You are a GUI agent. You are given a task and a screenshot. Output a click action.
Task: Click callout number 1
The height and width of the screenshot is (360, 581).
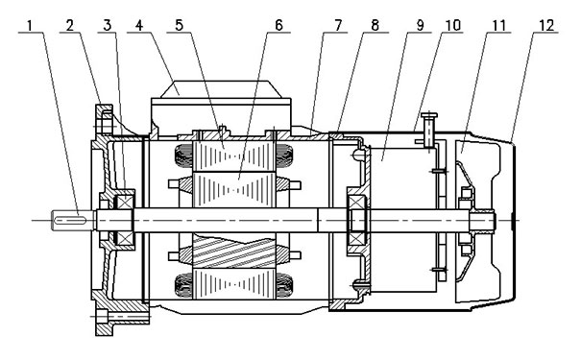click(x=30, y=25)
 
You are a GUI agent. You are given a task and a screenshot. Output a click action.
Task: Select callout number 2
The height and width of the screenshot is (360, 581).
click(x=70, y=25)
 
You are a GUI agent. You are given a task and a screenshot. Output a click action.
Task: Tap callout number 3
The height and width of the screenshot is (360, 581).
click(x=108, y=25)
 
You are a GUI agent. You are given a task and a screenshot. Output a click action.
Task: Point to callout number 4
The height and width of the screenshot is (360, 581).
click(x=139, y=25)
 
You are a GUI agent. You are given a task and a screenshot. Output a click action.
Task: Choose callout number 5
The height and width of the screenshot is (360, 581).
click(x=180, y=25)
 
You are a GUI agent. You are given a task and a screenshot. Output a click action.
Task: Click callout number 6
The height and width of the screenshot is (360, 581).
click(x=278, y=25)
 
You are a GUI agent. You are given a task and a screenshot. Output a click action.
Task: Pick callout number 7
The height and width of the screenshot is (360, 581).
click(x=338, y=25)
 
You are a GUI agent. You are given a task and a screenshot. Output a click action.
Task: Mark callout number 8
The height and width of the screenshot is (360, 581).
click(x=375, y=25)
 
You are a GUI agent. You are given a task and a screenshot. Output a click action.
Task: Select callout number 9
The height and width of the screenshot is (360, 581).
click(x=420, y=25)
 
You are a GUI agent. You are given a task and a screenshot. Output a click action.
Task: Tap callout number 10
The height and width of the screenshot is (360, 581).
click(x=452, y=25)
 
